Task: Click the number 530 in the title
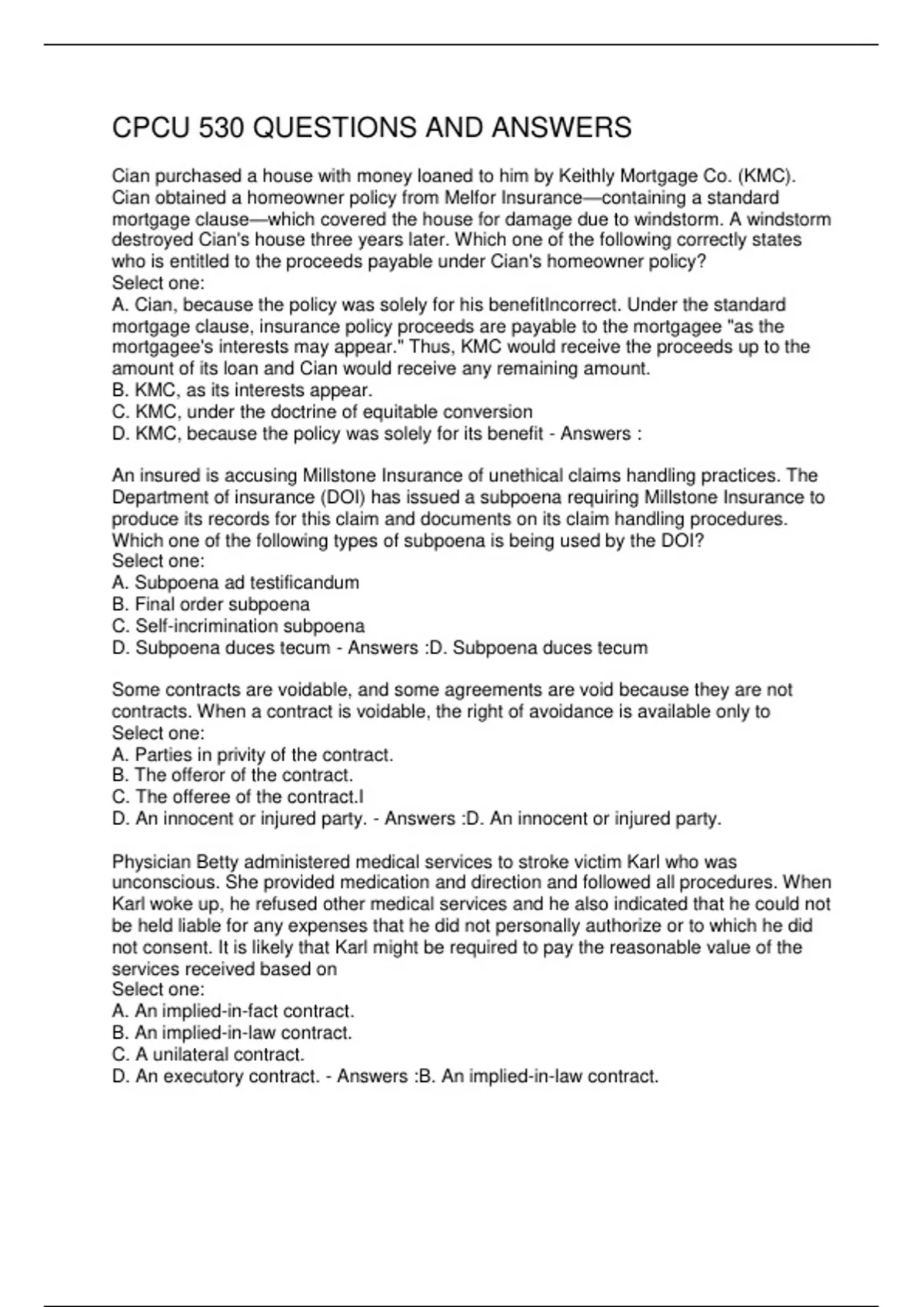pyautogui.click(x=221, y=128)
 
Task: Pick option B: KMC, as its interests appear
pyautogui.click(x=242, y=390)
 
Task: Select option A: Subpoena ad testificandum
pyautogui.click(x=235, y=583)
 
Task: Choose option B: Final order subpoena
pyautogui.click(x=211, y=604)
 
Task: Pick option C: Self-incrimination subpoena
pyautogui.click(x=238, y=626)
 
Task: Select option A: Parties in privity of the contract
pyautogui.click(x=252, y=754)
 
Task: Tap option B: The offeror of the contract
pyautogui.click(x=232, y=775)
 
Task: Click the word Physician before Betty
pyautogui.click(x=152, y=862)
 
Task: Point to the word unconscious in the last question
pyautogui.click(x=165, y=883)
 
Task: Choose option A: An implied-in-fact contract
pyautogui.click(x=233, y=1011)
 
